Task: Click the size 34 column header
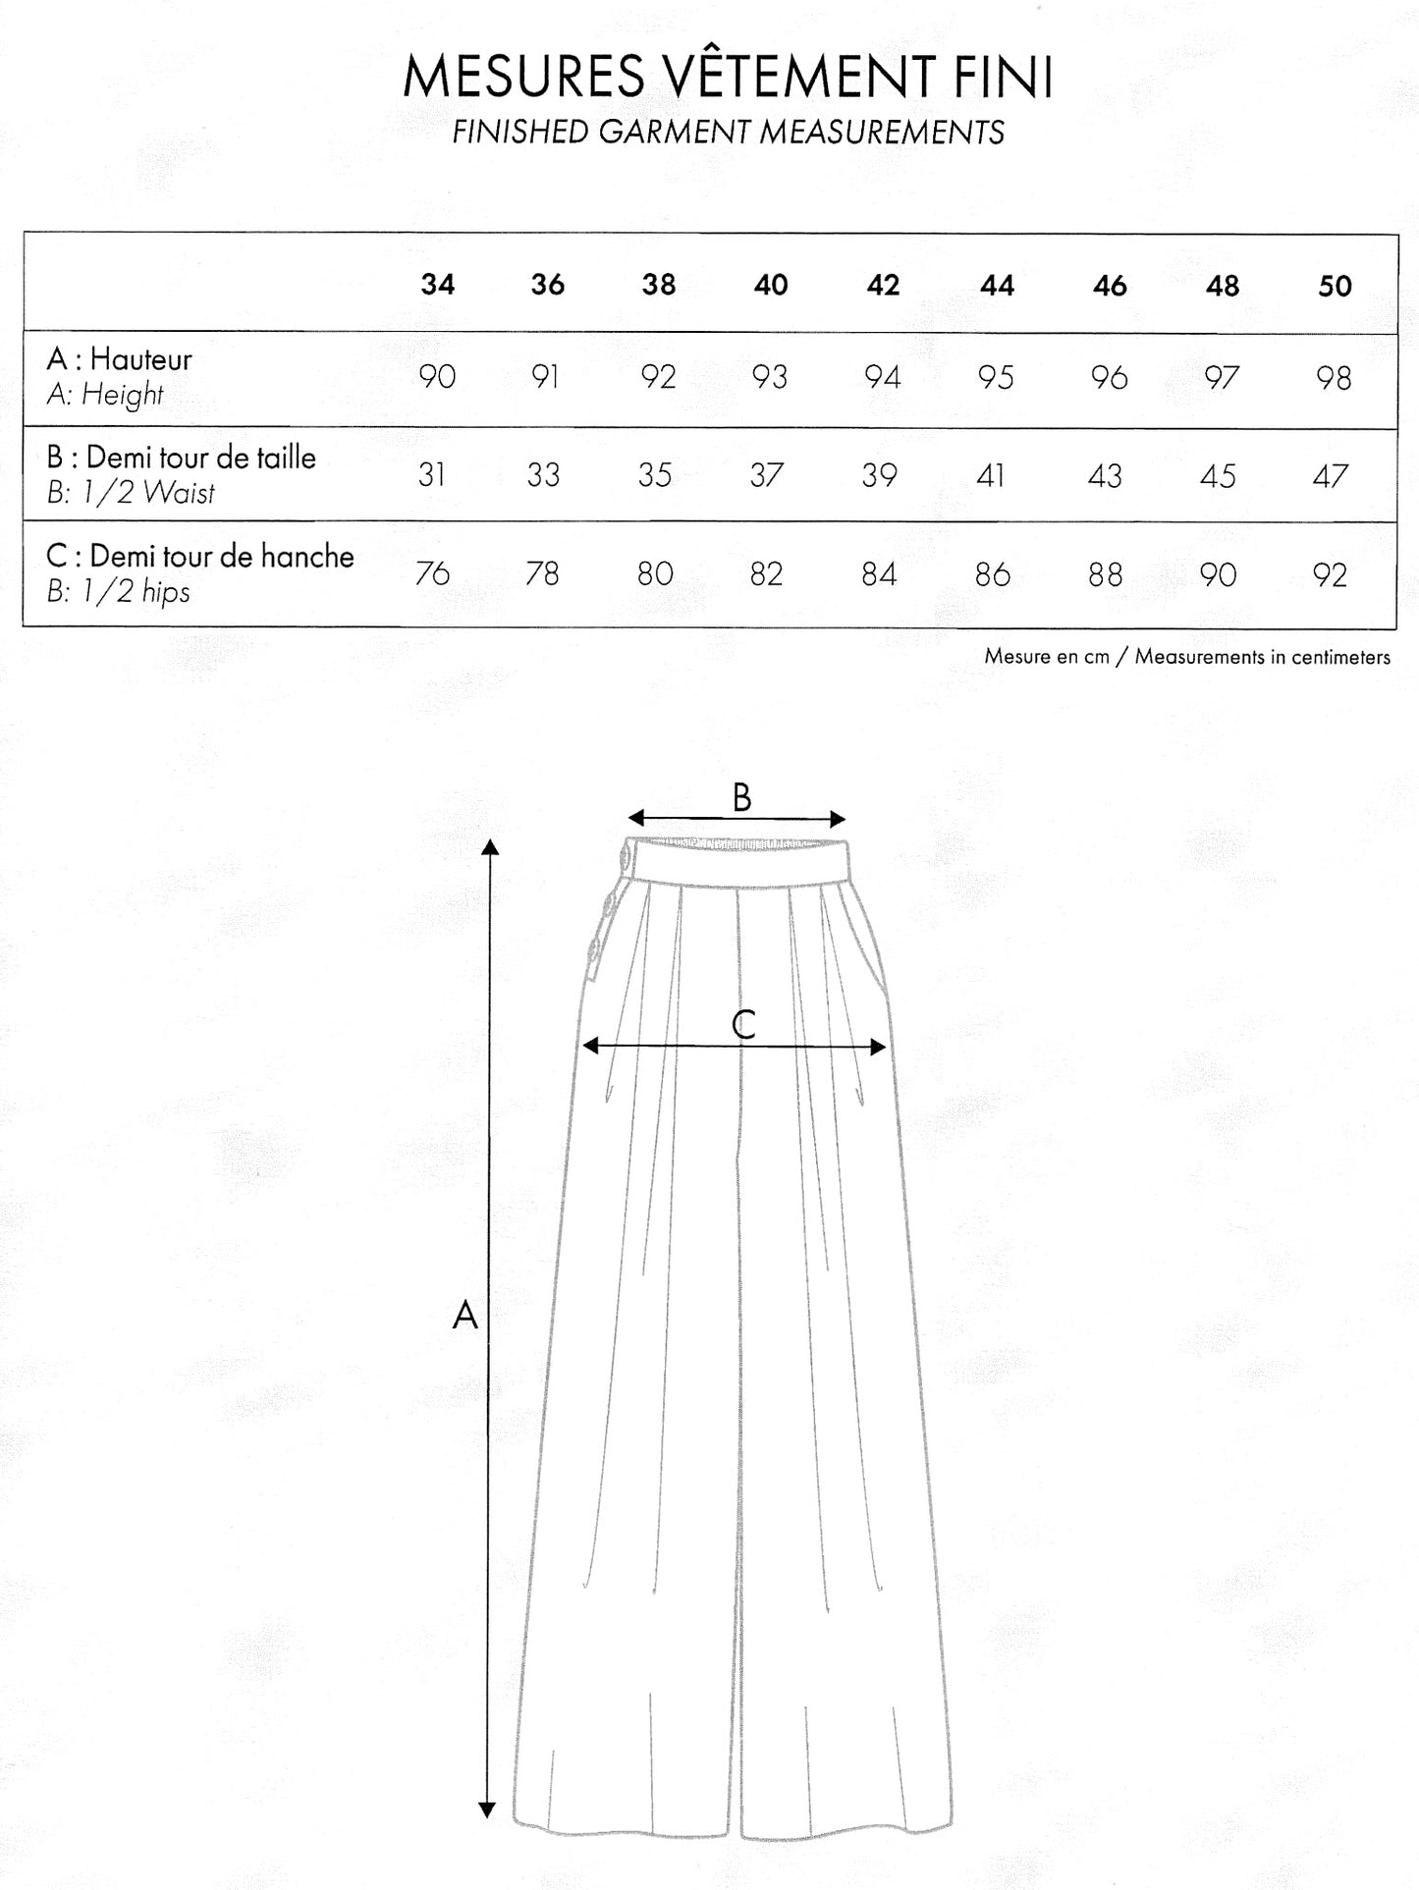[x=437, y=285]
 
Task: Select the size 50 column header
[x=1335, y=286]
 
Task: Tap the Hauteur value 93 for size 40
[x=770, y=377]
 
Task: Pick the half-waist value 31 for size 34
[x=432, y=475]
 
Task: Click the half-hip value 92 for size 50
[x=1330, y=575]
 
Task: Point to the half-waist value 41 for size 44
[x=991, y=476]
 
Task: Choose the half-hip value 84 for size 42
[x=879, y=574]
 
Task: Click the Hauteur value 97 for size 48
[x=1221, y=378]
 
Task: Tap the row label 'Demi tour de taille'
[x=200, y=458]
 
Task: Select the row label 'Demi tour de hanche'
[x=221, y=557]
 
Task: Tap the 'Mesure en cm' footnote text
[x=1046, y=657]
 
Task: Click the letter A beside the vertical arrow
[x=464, y=1314]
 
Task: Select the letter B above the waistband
[x=741, y=797]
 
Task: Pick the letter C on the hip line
[x=743, y=1024]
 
